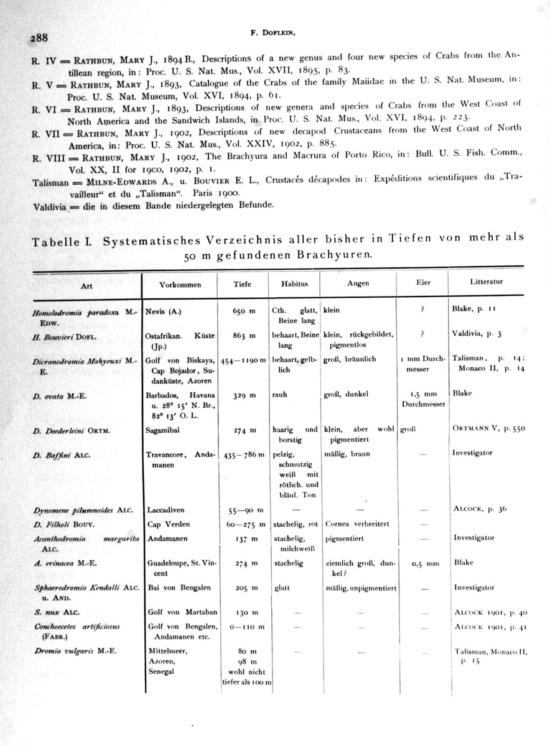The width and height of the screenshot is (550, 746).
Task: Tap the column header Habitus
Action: (294, 283)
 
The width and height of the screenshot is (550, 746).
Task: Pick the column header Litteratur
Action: (487, 282)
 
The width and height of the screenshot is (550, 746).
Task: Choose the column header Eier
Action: (422, 283)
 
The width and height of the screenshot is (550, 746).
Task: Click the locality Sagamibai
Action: (164, 429)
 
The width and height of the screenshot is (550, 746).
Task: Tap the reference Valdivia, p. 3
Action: (477, 334)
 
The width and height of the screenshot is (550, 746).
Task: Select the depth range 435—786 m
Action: (242, 454)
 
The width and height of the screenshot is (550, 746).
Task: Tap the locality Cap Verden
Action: (169, 524)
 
